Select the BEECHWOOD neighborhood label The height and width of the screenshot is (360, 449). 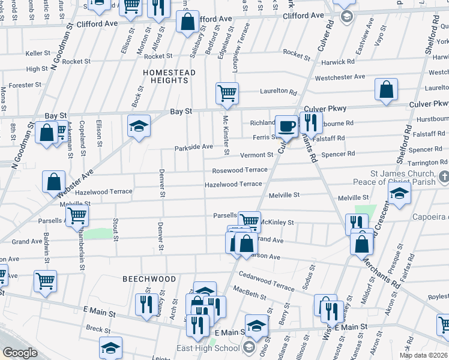149,279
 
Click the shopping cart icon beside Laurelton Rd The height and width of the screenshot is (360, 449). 228,93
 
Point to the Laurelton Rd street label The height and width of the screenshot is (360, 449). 279,92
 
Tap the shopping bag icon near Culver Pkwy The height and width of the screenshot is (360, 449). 387,89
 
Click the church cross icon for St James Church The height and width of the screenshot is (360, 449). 444,176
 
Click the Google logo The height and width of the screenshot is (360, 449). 20,352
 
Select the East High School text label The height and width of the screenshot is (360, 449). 208,348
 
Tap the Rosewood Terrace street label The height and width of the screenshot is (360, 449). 240,170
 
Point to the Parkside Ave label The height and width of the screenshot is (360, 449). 193,147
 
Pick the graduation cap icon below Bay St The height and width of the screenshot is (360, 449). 139,126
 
